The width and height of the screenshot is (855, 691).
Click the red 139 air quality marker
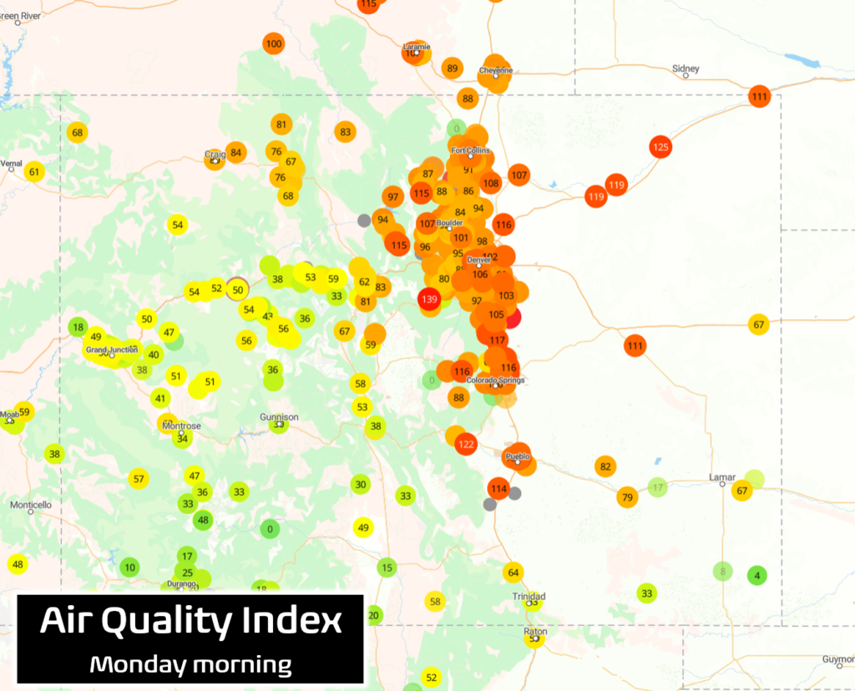[430, 300]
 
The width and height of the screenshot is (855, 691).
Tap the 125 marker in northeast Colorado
[660, 148]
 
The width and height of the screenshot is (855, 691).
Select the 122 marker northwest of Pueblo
[466, 444]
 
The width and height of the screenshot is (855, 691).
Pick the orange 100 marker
[273, 43]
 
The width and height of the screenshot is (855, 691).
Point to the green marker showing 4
[757, 575]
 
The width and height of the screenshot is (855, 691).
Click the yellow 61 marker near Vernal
[34, 172]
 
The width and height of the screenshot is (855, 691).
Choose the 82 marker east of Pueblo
[605, 467]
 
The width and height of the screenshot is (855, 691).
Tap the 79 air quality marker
[627, 498]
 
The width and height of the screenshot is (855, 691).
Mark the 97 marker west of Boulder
[392, 197]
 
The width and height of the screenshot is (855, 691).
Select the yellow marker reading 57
[139, 479]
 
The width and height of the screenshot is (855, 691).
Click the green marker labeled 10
[129, 567]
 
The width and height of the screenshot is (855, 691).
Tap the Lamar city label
[722, 477]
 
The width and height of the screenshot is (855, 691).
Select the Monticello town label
[31, 504]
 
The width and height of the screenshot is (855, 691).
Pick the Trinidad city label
[529, 596]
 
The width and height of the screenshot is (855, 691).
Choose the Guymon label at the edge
[837, 659]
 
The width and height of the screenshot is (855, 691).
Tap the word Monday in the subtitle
[138, 664]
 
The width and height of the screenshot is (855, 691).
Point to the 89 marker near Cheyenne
[453, 68]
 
